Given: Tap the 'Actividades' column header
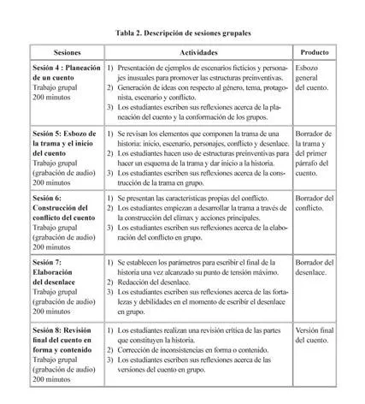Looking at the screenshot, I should pyautogui.click(x=198, y=53).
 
